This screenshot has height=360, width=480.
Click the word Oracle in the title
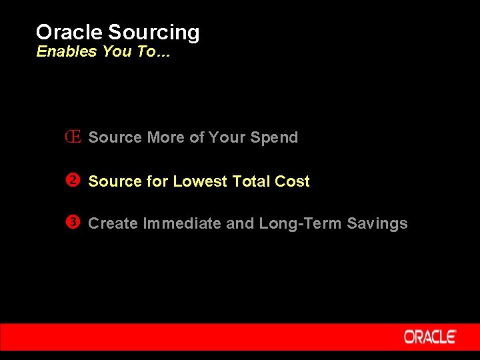click(x=69, y=32)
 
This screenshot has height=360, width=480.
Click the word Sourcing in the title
click(x=153, y=33)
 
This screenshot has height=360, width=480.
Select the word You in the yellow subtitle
click(x=117, y=52)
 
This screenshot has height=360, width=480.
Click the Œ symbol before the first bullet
click(x=73, y=137)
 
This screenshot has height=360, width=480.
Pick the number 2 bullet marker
click(x=73, y=181)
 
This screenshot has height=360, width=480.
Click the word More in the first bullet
click(x=165, y=137)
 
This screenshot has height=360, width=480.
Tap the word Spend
click(x=274, y=137)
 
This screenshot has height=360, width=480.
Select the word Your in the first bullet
click(x=227, y=137)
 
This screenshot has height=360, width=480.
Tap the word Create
click(x=113, y=224)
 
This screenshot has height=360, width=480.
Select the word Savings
click(x=377, y=224)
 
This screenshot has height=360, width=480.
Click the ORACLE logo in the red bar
click(x=430, y=337)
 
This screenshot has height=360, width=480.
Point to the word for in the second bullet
click(x=157, y=181)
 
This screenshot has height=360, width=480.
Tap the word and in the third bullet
click(x=240, y=224)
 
